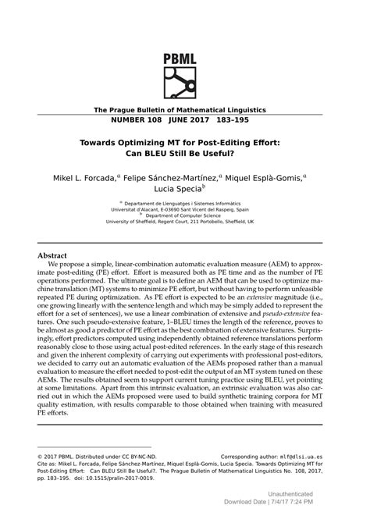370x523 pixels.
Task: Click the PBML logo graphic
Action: click(185, 80)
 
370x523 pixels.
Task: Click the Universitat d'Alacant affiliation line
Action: click(185, 210)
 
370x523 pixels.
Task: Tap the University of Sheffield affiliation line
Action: click(185, 222)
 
